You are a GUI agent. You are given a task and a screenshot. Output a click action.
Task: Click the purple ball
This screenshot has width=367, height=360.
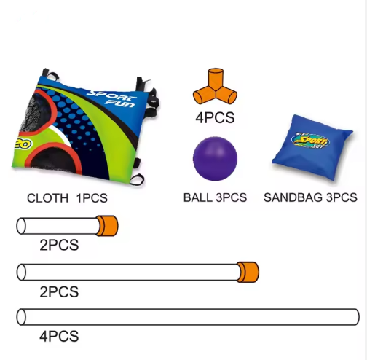point(215,159)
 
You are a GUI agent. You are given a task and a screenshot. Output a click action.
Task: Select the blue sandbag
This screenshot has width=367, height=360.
point(312,148)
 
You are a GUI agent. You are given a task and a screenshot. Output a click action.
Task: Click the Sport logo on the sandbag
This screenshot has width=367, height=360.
point(310,141)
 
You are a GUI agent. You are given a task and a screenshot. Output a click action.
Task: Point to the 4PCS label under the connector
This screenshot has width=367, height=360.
point(215,117)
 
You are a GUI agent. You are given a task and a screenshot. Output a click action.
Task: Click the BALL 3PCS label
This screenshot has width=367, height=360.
point(215,197)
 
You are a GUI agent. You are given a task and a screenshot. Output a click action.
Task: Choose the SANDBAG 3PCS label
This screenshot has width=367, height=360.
point(310,197)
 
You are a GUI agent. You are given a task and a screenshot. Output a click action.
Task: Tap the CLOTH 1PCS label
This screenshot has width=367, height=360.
point(67,198)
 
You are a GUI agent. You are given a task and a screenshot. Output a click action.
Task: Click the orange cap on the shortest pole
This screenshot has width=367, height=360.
point(107,226)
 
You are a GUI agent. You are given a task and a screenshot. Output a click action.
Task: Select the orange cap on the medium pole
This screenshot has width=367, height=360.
point(248,272)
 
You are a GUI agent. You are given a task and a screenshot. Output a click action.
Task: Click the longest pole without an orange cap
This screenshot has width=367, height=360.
point(188,317)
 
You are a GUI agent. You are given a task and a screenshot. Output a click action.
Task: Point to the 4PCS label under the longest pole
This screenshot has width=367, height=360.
point(59,337)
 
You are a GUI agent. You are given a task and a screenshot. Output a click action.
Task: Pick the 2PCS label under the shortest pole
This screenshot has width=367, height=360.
point(59,245)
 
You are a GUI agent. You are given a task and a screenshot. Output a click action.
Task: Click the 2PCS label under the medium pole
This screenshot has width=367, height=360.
point(59,291)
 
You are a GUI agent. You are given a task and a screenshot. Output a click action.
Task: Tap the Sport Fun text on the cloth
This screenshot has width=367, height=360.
point(112,99)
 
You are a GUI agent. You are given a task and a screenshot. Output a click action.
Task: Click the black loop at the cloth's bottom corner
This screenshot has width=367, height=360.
point(138,180)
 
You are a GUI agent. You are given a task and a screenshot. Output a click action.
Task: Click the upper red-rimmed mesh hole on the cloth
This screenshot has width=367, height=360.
point(37,112)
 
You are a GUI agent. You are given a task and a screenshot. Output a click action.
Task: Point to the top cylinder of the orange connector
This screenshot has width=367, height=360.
point(216,78)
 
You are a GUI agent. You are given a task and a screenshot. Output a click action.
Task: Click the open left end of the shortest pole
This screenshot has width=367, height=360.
point(21,226)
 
